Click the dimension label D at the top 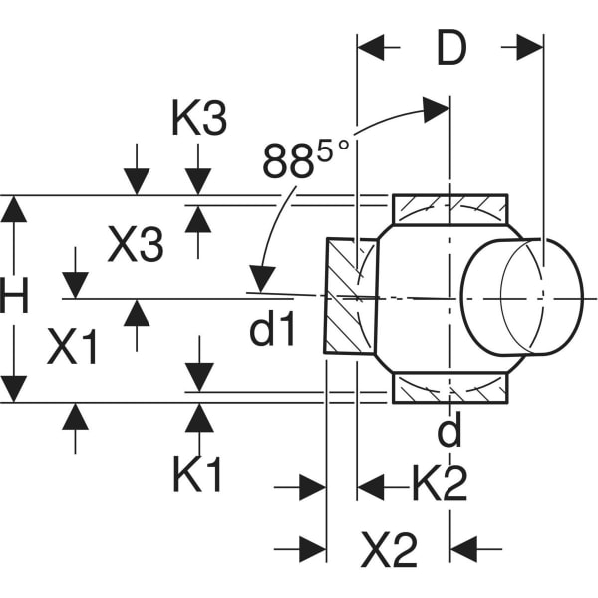[451, 48]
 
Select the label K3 [199, 119]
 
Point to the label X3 [135, 245]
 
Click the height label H [15, 298]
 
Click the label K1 [198, 475]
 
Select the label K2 [440, 485]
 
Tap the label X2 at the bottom [389, 548]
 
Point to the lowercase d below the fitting [450, 431]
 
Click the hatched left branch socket [350, 296]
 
